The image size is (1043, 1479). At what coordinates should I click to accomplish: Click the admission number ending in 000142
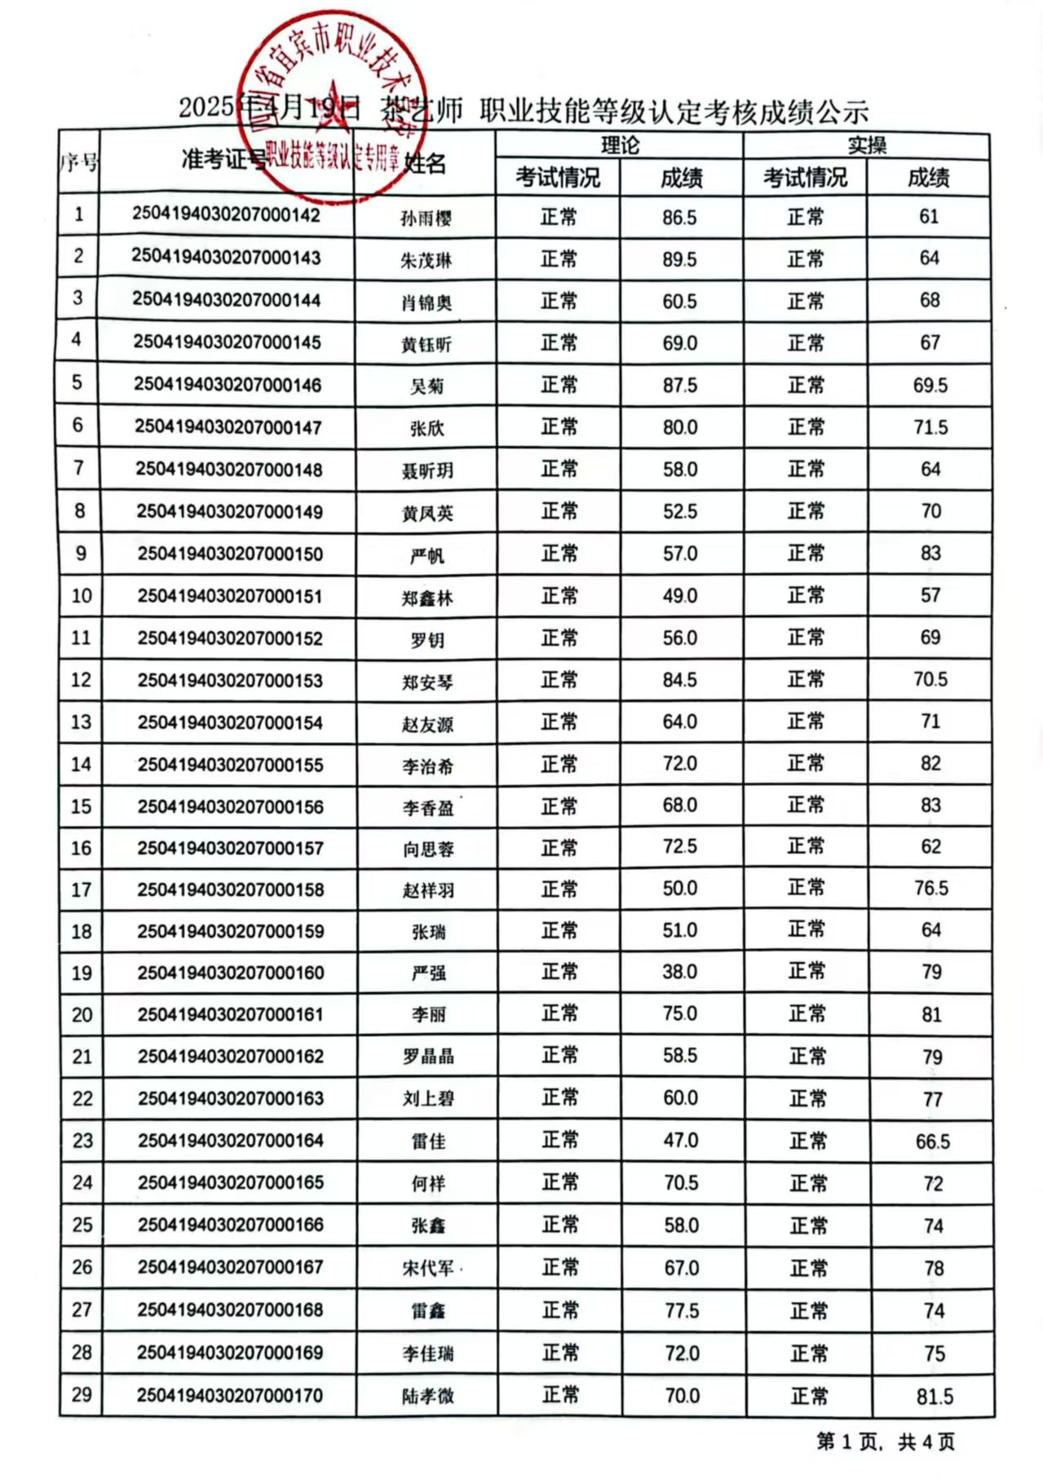click(226, 215)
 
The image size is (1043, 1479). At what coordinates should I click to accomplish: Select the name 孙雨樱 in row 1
click(426, 218)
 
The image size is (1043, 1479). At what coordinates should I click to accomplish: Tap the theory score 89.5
click(679, 259)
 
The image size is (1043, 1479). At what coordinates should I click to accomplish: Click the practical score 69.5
click(930, 385)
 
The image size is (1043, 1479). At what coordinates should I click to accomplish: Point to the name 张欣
click(426, 428)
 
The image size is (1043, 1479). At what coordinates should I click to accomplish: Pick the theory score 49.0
click(679, 596)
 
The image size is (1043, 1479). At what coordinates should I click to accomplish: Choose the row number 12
click(81, 679)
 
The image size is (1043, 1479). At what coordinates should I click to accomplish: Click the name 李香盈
click(427, 807)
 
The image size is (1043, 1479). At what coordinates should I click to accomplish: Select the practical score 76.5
click(930, 888)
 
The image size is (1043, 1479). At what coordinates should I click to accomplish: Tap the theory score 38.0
click(680, 972)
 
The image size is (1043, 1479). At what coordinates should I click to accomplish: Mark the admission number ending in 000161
click(230, 1014)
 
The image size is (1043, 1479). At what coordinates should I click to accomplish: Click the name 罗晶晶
click(428, 1057)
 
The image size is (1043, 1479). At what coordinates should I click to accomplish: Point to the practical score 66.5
click(932, 1141)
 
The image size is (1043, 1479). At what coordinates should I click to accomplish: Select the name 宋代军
click(428, 1268)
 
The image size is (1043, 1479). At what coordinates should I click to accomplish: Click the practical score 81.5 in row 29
click(934, 1397)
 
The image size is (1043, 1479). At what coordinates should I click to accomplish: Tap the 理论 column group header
click(620, 146)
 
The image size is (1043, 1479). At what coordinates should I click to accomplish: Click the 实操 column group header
click(866, 146)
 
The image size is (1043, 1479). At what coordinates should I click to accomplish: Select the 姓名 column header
click(426, 164)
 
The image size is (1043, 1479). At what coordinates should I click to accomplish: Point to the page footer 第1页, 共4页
click(885, 1441)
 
